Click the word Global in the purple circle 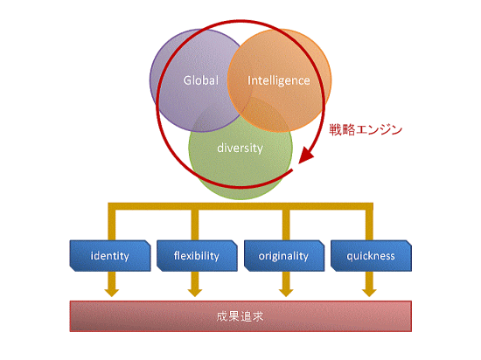[201, 80]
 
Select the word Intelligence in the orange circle [278, 80]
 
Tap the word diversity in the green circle [240, 148]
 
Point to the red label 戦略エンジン [366, 129]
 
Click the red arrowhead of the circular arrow [306, 155]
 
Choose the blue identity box [110, 256]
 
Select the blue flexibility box [197, 256]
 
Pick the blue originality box [284, 256]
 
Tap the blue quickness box [371, 256]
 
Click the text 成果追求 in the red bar [240, 316]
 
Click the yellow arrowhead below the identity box [112, 293]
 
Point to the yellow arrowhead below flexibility [195, 293]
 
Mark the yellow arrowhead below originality [286, 293]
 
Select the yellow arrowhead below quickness [369, 293]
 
